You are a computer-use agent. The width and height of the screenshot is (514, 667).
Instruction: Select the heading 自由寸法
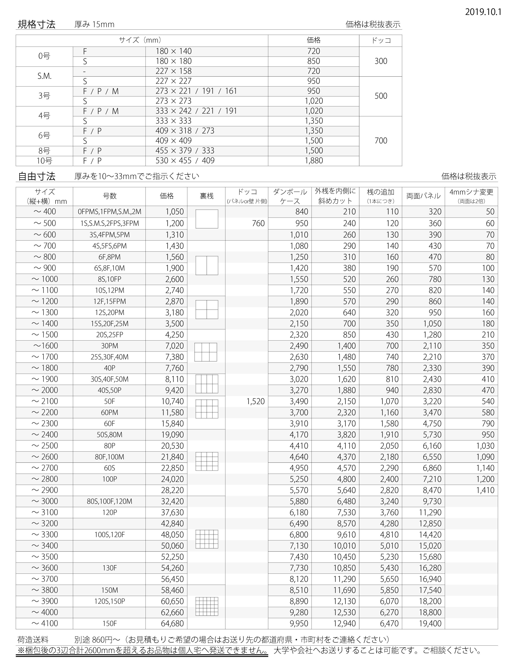click(36, 176)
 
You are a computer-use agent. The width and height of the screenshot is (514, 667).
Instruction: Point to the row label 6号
click(44, 136)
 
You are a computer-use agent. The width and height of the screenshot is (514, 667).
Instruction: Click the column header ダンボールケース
click(290, 196)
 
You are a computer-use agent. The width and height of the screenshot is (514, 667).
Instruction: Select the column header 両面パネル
click(423, 196)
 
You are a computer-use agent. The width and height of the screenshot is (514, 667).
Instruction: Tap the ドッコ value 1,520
click(256, 401)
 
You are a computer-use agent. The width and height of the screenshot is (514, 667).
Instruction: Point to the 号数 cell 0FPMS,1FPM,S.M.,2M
click(109, 212)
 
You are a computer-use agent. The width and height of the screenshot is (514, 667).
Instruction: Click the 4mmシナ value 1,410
click(485, 490)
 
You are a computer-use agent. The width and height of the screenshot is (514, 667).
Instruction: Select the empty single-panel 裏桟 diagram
click(207, 219)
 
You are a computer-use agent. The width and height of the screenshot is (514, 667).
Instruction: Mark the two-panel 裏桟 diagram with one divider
click(207, 265)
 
